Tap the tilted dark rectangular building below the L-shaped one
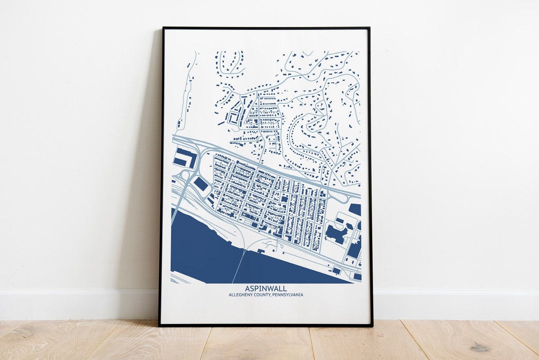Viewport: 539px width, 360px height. pos(201,184)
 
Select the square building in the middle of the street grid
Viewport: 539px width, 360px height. pos(284,198)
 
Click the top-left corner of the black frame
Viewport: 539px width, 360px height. pos(164,28)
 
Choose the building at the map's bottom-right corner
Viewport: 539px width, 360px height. pos(357,276)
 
